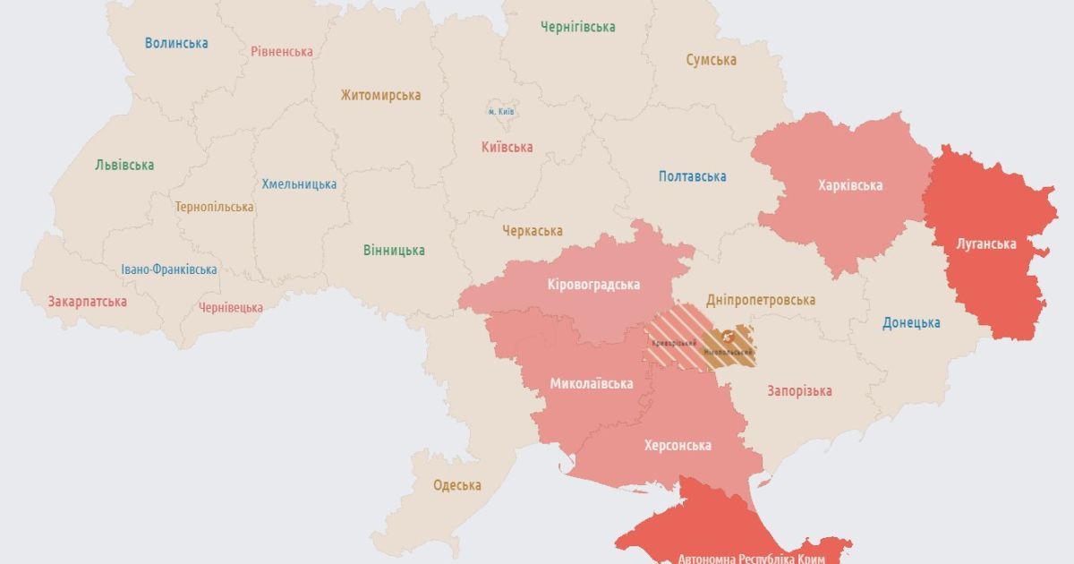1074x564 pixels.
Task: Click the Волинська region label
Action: click(176, 43)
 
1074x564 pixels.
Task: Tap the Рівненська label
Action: click(282, 52)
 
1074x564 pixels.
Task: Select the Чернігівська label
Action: click(577, 27)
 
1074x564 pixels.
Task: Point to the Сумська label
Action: click(712, 60)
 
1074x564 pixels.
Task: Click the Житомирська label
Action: click(380, 95)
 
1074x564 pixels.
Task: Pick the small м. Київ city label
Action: click(502, 112)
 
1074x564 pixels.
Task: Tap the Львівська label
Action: click(124, 165)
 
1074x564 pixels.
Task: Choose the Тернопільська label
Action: click(215, 207)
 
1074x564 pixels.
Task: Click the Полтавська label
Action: click(692, 176)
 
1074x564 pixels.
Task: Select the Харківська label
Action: click(850, 185)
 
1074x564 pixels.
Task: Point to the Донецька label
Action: click(911, 323)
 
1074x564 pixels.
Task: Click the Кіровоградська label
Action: click(593, 285)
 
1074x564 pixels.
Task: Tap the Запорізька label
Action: click(800, 390)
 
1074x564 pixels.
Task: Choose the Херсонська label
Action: click(678, 445)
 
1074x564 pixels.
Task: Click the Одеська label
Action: click(457, 485)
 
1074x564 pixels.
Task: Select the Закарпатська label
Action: click(88, 302)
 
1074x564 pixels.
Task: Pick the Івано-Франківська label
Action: click(169, 269)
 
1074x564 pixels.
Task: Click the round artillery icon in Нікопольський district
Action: click(727, 338)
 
